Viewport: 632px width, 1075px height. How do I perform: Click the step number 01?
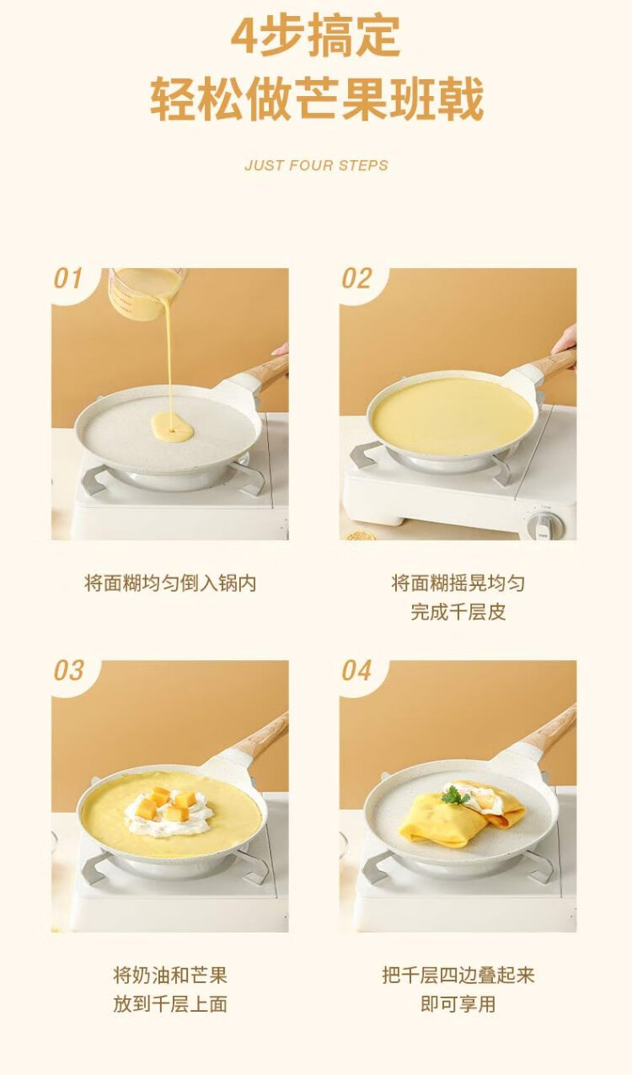(x=67, y=278)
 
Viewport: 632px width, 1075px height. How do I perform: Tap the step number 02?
(x=356, y=278)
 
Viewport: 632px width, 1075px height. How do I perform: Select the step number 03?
(x=68, y=670)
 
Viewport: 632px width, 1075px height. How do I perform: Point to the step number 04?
(x=356, y=670)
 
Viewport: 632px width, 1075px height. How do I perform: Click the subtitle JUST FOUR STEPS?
(x=316, y=165)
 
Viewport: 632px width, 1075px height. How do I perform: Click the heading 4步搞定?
(x=315, y=37)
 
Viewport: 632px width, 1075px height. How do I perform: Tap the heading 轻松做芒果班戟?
(x=316, y=99)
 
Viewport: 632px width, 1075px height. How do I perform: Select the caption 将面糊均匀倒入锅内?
(x=170, y=583)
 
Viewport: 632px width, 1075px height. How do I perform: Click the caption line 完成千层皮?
(x=458, y=612)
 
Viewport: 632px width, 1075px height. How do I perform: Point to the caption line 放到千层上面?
(x=170, y=1004)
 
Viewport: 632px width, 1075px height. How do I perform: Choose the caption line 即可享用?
(x=458, y=1004)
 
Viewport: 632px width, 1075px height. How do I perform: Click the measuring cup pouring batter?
(x=144, y=288)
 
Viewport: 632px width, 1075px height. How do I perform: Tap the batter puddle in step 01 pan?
(x=172, y=427)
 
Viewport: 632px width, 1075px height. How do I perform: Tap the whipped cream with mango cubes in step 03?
(x=169, y=813)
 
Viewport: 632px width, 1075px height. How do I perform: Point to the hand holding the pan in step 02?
(x=565, y=341)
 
